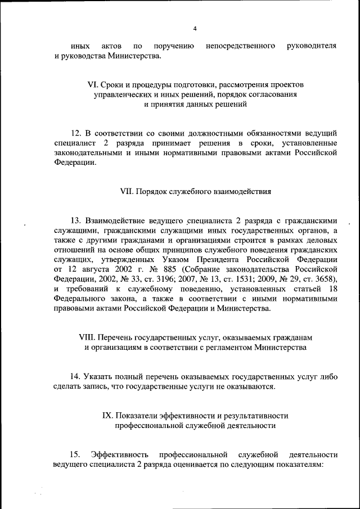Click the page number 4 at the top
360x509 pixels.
(x=195, y=28)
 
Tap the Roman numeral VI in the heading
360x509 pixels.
(x=93, y=84)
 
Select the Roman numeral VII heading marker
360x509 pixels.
(x=127, y=191)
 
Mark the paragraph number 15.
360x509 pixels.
(x=75, y=454)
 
